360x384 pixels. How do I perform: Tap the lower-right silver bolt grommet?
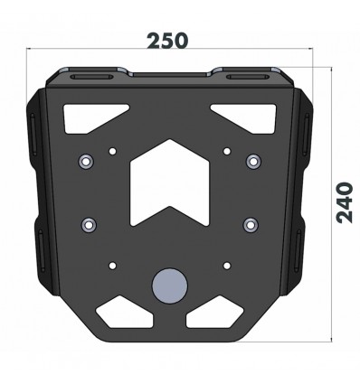[249, 223]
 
